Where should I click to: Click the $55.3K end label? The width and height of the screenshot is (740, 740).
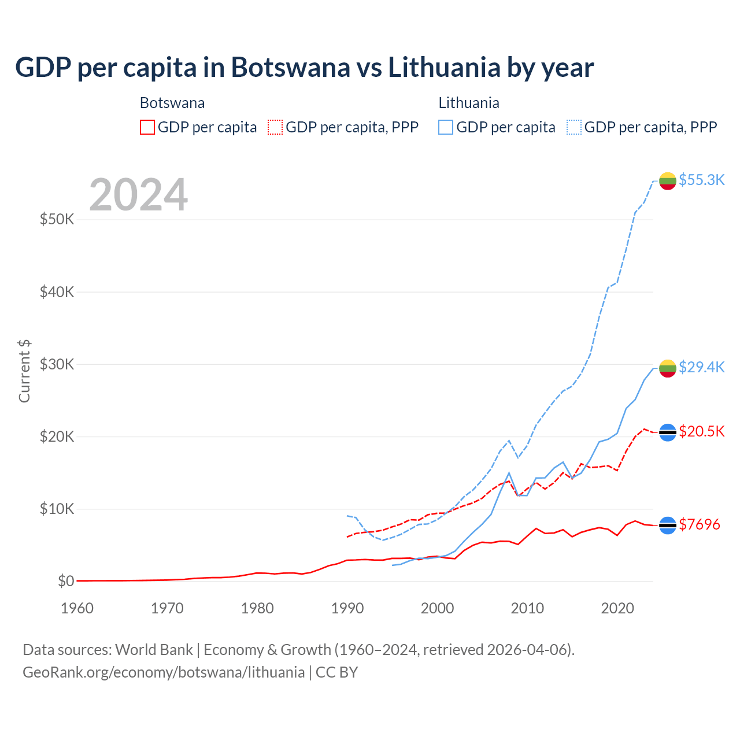[701, 180]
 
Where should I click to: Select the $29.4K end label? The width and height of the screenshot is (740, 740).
[701, 367]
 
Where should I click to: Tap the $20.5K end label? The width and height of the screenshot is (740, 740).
[701, 431]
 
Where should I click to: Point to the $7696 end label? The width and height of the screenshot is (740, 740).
[699, 524]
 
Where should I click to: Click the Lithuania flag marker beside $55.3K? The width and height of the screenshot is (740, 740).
[668, 181]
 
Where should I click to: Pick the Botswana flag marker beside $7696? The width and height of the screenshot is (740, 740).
[668, 525]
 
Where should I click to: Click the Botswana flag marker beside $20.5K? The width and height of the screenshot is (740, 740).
[668, 432]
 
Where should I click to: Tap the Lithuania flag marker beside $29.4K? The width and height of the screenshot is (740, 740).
[668, 368]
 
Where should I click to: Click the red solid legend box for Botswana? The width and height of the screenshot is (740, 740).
[147, 127]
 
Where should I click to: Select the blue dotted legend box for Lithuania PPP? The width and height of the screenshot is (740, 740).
[574, 127]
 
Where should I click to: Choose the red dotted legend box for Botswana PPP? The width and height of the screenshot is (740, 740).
[275, 127]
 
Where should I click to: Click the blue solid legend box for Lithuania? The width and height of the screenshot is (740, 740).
[446, 127]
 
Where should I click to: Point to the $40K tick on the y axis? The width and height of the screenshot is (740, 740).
[57, 292]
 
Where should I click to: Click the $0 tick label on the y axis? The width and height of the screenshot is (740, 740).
[66, 581]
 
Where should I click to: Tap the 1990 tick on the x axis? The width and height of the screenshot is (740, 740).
[347, 608]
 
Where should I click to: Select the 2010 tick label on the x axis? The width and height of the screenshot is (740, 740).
[528, 608]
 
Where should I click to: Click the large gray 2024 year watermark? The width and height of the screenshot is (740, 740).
[139, 195]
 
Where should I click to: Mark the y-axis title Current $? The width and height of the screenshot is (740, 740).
[24, 371]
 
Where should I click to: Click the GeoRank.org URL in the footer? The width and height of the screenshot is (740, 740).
[164, 672]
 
